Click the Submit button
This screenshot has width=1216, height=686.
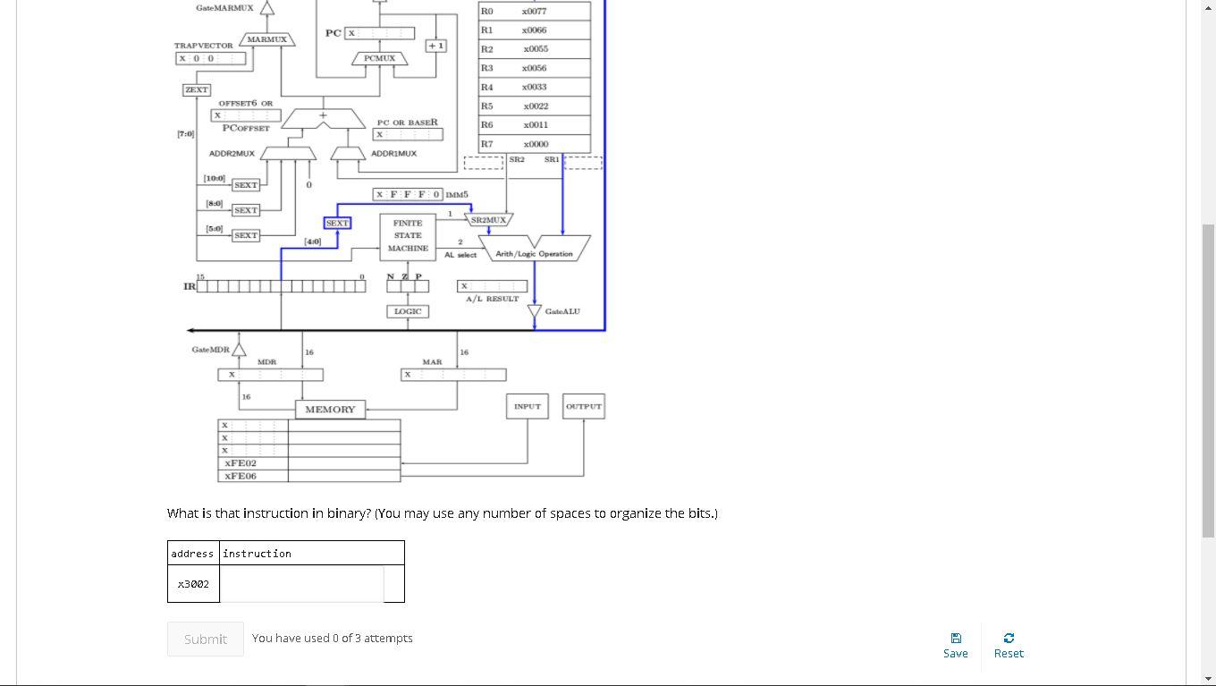[205, 639]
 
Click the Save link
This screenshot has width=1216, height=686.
[955, 645]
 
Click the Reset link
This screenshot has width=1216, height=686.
[1009, 645]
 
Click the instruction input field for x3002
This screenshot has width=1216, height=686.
[302, 584]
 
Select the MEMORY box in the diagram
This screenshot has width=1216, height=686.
[330, 410]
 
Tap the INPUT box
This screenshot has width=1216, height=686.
[528, 406]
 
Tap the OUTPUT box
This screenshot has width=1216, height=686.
[584, 406]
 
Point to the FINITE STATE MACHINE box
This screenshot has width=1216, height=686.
[408, 236]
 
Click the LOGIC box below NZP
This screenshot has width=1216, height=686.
[408, 311]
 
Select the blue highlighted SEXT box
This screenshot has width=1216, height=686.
[337, 223]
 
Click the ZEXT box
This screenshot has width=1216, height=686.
[196, 89]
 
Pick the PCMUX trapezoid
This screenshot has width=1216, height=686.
[380, 58]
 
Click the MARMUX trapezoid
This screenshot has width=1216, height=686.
[266, 39]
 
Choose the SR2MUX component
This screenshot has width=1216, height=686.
[488, 219]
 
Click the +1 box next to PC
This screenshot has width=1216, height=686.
[436, 46]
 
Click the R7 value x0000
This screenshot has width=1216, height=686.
[535, 144]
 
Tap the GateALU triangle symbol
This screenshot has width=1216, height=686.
[535, 311]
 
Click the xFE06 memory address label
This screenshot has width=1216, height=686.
[241, 476]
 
